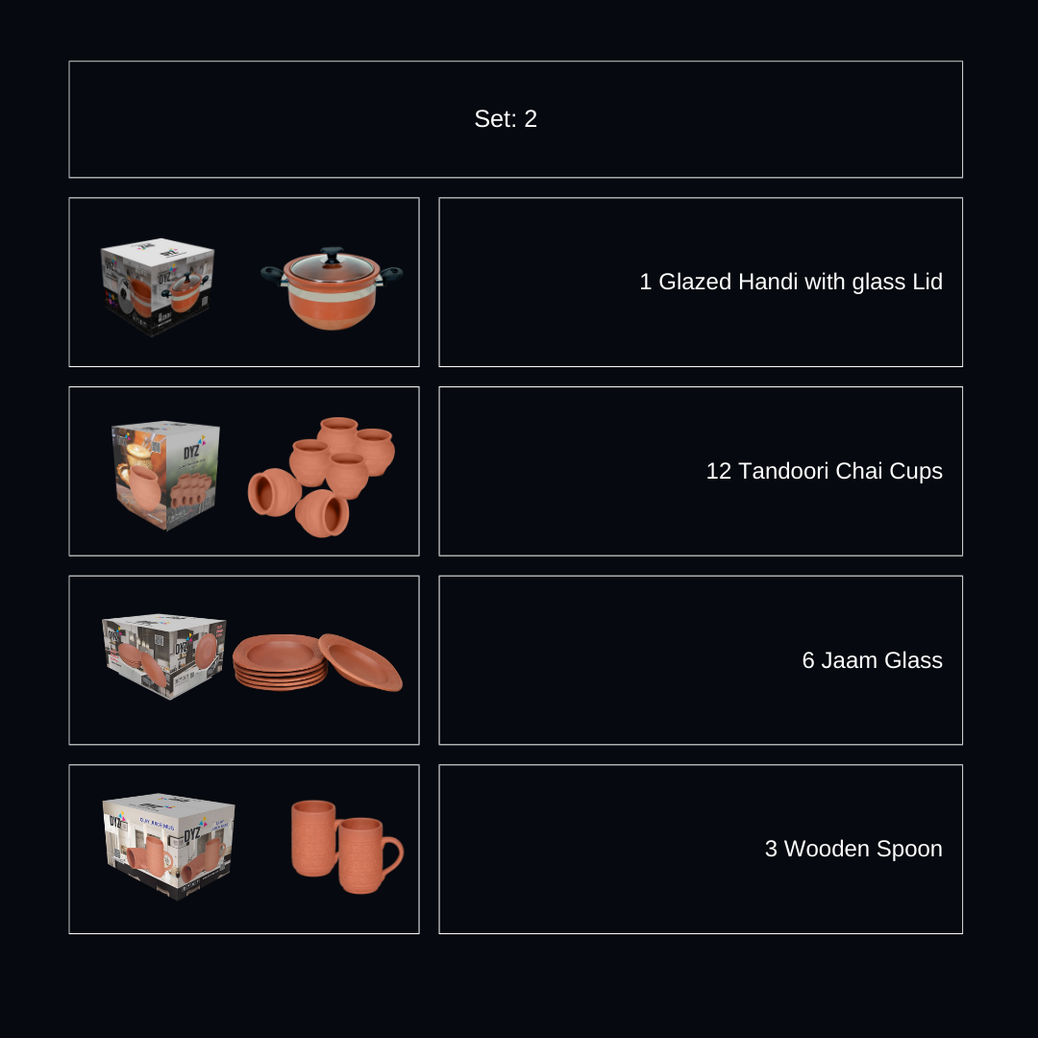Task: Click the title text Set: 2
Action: [506, 119]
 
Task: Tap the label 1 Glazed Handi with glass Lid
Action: [790, 282]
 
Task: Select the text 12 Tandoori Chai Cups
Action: [824, 471]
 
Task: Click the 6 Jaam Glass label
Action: [872, 660]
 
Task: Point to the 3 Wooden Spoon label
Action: [853, 849]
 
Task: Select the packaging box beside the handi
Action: [159, 285]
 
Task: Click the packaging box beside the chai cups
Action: [165, 475]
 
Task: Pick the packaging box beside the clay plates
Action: [163, 655]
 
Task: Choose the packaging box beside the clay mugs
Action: [169, 846]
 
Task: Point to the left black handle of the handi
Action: [272, 274]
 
